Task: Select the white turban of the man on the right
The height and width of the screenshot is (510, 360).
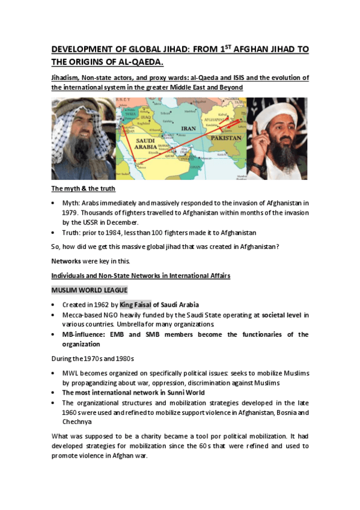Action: pos(278,111)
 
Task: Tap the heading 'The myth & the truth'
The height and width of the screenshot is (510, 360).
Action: pos(82,189)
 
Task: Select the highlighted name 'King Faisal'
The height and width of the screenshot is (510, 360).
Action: pos(136,305)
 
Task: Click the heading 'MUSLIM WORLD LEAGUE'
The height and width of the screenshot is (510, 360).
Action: pos(89,290)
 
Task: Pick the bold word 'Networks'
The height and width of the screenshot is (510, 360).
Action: pos(67,261)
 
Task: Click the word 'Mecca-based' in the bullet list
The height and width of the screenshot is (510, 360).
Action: pos(81,315)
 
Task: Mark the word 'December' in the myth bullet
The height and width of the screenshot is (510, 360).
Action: pos(143,222)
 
